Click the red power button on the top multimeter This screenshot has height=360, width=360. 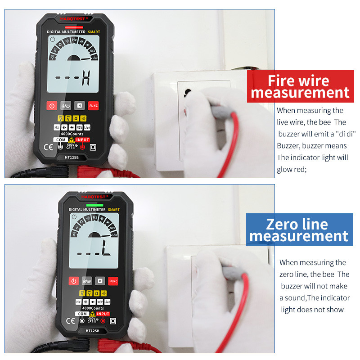[52, 106]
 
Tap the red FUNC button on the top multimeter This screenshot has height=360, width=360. [93, 106]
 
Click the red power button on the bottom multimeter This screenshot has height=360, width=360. [73, 281]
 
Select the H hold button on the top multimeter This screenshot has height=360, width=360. [80, 106]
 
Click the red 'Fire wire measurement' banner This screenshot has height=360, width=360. [300, 87]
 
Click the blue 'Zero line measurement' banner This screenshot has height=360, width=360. [299, 230]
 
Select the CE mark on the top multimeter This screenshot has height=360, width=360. [48, 147]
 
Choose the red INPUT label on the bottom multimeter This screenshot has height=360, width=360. [103, 314]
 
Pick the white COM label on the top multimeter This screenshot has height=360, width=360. [60, 140]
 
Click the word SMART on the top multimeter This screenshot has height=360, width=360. [94, 32]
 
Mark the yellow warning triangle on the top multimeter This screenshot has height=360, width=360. [71, 140]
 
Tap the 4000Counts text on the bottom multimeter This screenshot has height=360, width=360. [94, 308]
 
